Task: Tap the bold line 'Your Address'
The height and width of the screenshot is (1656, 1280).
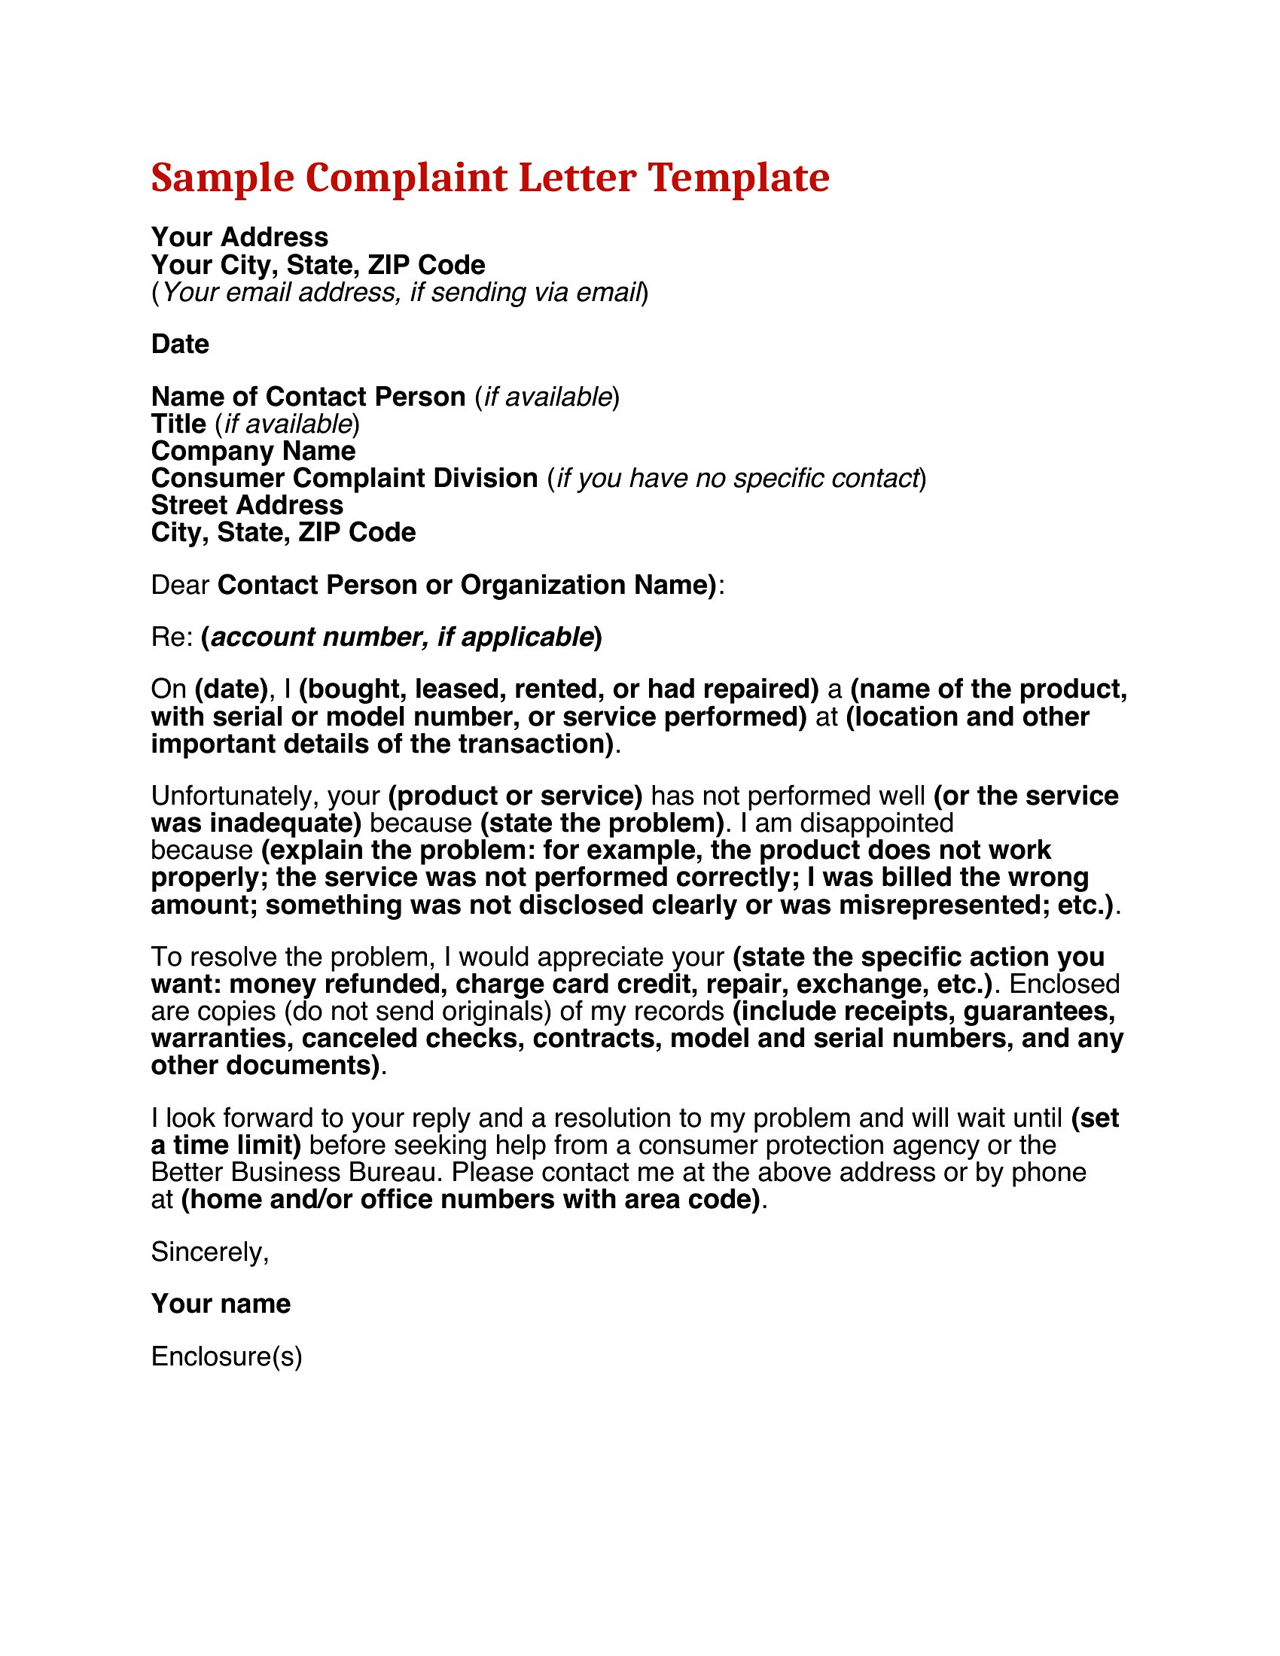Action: [x=239, y=237]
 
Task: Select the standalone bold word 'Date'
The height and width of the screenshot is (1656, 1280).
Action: [x=180, y=344]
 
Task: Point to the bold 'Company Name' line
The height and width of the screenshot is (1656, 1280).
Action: [x=253, y=451]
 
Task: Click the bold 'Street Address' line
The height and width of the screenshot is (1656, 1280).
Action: [x=247, y=505]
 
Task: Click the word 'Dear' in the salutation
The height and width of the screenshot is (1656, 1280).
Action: [x=180, y=586]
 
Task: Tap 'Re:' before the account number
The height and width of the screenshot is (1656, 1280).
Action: [x=172, y=637]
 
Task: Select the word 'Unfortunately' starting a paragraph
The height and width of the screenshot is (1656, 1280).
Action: [x=234, y=796]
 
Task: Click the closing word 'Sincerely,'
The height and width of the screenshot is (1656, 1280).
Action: [x=210, y=1252]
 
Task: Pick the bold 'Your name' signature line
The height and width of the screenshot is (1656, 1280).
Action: [x=221, y=1304]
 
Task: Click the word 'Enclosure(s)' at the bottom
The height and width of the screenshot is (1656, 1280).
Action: [x=227, y=1356]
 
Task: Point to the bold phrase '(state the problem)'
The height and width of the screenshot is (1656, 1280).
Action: [x=603, y=823]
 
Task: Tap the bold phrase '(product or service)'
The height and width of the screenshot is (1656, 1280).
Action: [x=516, y=796]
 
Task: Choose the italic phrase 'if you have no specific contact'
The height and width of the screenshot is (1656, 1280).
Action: [x=738, y=479]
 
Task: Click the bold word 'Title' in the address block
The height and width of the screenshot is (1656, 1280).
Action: [x=178, y=424]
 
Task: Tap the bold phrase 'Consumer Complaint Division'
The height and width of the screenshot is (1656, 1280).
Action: [x=344, y=479]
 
